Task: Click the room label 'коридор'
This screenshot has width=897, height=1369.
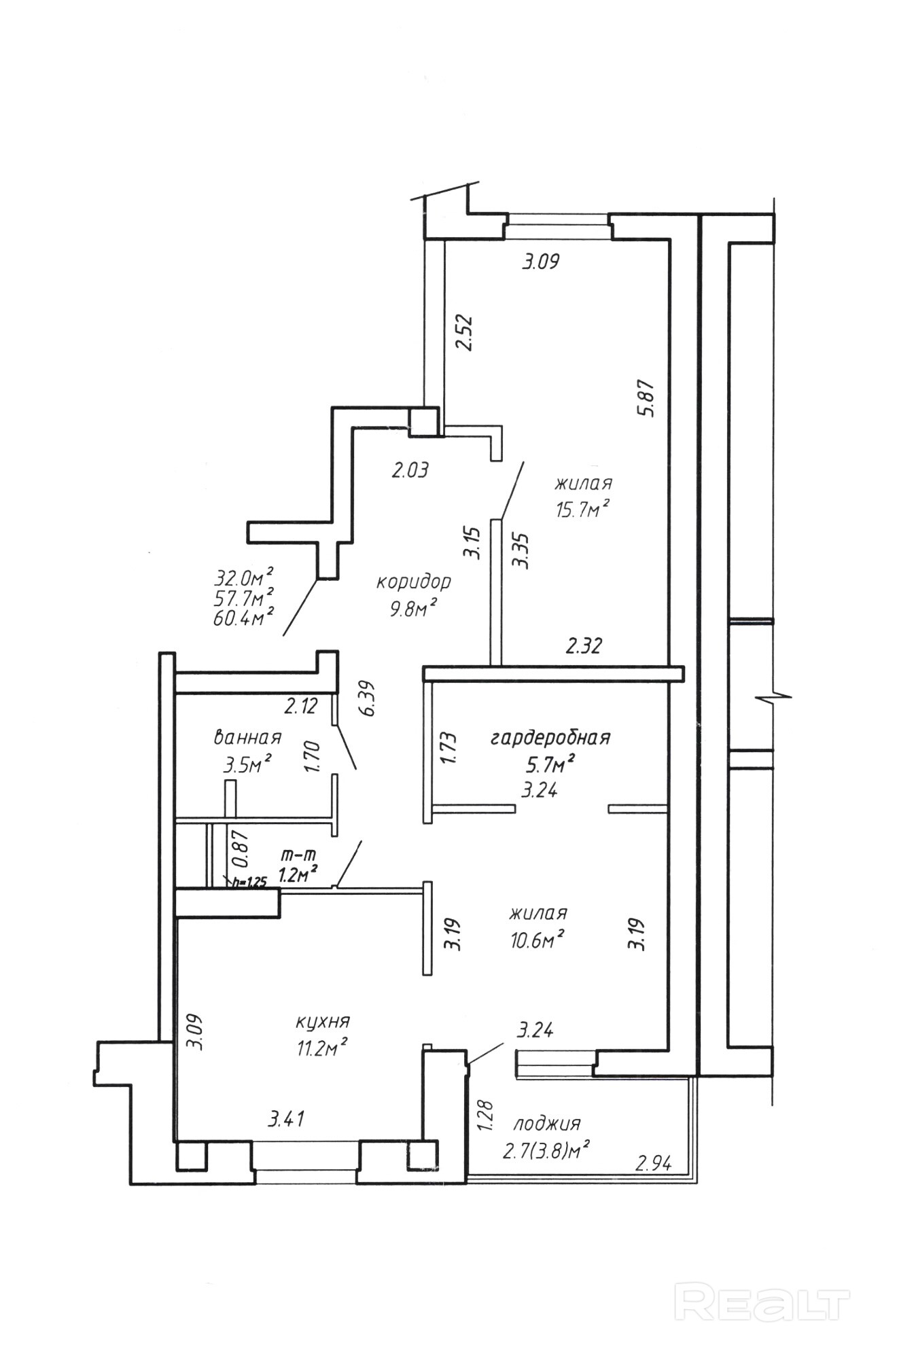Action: point(413,582)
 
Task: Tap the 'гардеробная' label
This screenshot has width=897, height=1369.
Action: point(550,738)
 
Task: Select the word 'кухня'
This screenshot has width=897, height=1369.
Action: point(322,1022)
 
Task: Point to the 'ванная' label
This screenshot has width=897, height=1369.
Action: point(247,738)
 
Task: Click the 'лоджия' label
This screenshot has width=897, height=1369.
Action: point(547,1124)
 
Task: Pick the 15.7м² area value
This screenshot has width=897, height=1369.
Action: point(582,509)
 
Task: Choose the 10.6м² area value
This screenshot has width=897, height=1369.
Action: point(538,939)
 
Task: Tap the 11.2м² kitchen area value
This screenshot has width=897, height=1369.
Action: point(321,1048)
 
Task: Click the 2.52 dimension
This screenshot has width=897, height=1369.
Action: point(465,331)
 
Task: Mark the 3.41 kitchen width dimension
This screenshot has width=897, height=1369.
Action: point(286,1118)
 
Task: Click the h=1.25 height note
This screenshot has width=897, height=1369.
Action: point(249,883)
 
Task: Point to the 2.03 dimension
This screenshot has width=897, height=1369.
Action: point(410,469)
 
